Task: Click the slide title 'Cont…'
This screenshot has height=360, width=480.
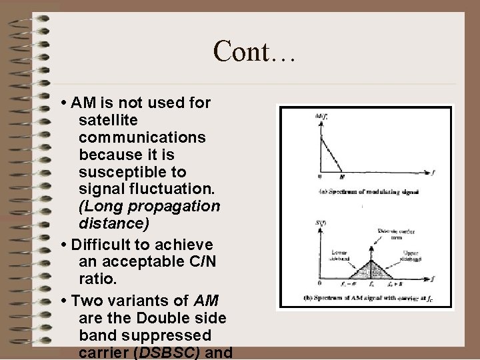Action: (254, 51)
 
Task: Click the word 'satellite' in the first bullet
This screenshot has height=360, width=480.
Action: (107, 121)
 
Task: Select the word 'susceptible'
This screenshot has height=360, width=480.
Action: (118, 172)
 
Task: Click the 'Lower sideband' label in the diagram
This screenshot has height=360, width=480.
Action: (336, 256)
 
